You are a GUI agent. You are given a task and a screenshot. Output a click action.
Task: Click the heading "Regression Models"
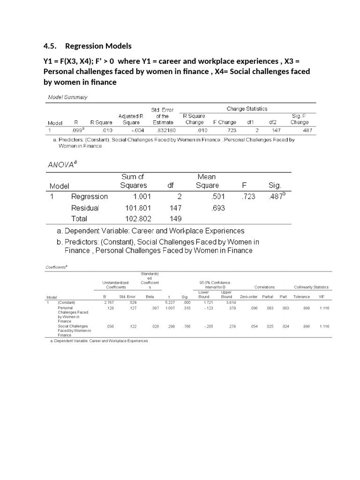point(98,46)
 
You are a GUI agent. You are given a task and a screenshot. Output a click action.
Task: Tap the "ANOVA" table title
point(62,165)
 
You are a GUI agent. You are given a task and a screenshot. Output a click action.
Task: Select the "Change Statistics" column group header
point(247,109)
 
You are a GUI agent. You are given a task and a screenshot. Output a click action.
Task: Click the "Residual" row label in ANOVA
point(85,208)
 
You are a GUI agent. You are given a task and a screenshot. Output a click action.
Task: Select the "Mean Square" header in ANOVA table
point(207,181)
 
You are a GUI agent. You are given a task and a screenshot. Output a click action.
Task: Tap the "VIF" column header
point(321,297)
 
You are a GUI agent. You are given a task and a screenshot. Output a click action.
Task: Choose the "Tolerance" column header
point(301,297)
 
